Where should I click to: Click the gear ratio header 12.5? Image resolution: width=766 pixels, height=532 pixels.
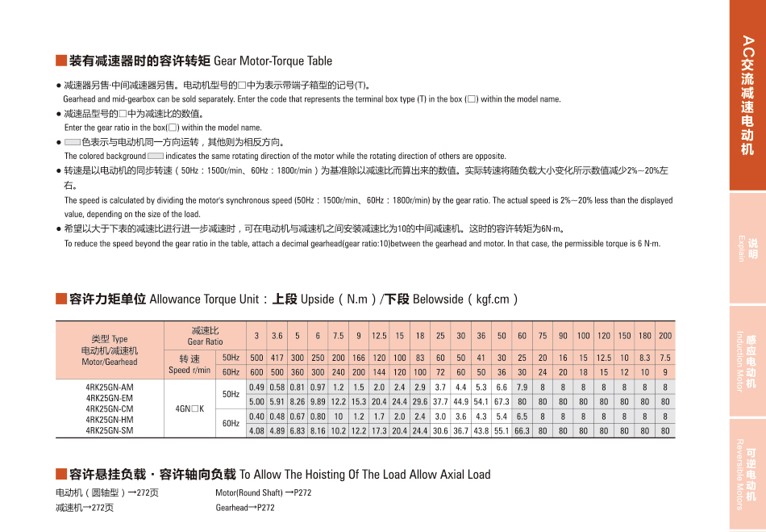(x=379, y=336)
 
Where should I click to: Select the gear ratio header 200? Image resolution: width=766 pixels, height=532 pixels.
(x=665, y=336)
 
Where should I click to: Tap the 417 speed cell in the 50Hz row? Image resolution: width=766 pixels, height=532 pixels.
(x=277, y=358)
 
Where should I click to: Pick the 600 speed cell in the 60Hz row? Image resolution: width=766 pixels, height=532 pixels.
(x=256, y=372)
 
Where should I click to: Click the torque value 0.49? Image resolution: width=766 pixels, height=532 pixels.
(x=256, y=387)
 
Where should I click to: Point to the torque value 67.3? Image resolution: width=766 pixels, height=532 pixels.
(x=502, y=401)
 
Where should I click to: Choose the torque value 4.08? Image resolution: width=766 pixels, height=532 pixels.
(x=256, y=431)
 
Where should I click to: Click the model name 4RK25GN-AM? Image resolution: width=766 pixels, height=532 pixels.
(x=109, y=387)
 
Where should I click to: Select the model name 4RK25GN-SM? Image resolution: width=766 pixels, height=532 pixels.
(x=109, y=430)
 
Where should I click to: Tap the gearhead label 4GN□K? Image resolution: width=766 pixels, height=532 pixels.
(x=189, y=409)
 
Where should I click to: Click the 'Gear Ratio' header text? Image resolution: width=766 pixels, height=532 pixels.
(x=205, y=341)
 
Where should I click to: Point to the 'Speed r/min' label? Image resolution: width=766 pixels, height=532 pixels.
(x=189, y=370)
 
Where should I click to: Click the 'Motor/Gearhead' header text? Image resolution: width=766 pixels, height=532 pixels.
(x=109, y=362)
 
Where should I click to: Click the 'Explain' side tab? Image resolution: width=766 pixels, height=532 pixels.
(x=747, y=249)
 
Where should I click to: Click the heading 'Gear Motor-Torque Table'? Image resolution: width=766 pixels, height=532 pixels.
(x=273, y=61)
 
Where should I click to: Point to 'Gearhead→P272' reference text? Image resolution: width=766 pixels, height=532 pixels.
(x=245, y=508)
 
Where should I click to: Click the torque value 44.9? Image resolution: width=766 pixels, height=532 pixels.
(x=460, y=401)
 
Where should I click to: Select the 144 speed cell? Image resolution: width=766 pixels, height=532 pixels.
(x=379, y=372)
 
